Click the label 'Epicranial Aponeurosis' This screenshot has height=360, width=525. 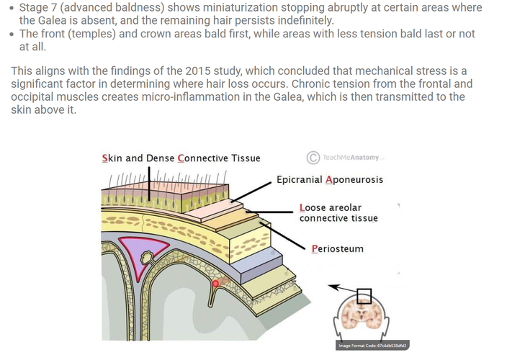point(330,179)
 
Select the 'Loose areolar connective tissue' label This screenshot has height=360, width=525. point(338,213)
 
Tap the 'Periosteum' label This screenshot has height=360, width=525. point(337,249)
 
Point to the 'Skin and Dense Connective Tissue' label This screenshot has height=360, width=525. point(181,158)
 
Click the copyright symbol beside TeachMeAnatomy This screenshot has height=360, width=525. point(313,157)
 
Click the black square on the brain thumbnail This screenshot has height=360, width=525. point(364,295)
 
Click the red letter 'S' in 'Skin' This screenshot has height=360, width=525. point(106,158)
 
